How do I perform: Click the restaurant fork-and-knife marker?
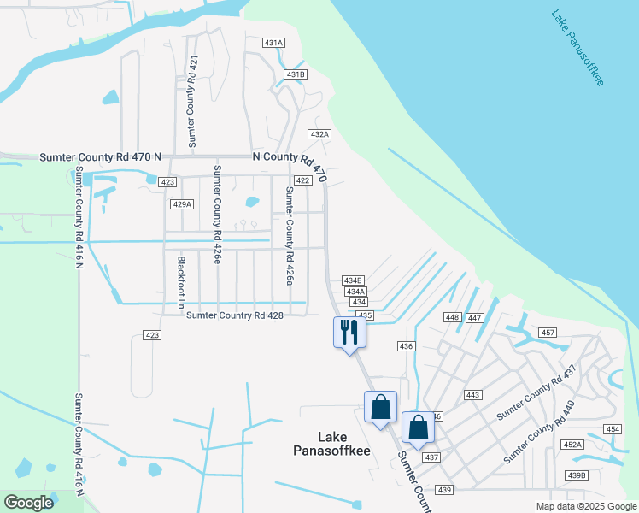click(349, 332)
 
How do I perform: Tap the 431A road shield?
click(273, 42)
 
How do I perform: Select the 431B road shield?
click(296, 74)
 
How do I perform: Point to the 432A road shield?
click(319, 134)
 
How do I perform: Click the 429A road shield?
click(182, 204)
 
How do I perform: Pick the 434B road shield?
click(353, 280)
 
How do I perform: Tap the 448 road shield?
click(453, 317)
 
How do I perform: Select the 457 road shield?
click(548, 332)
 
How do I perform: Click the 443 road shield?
click(472, 395)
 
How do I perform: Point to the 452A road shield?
click(572, 445)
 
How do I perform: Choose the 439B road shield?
click(577, 475)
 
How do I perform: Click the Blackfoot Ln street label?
click(181, 281)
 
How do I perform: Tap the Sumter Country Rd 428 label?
click(234, 315)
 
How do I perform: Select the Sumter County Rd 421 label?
click(192, 99)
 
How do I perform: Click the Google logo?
click(28, 503)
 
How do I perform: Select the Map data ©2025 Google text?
click(585, 506)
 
